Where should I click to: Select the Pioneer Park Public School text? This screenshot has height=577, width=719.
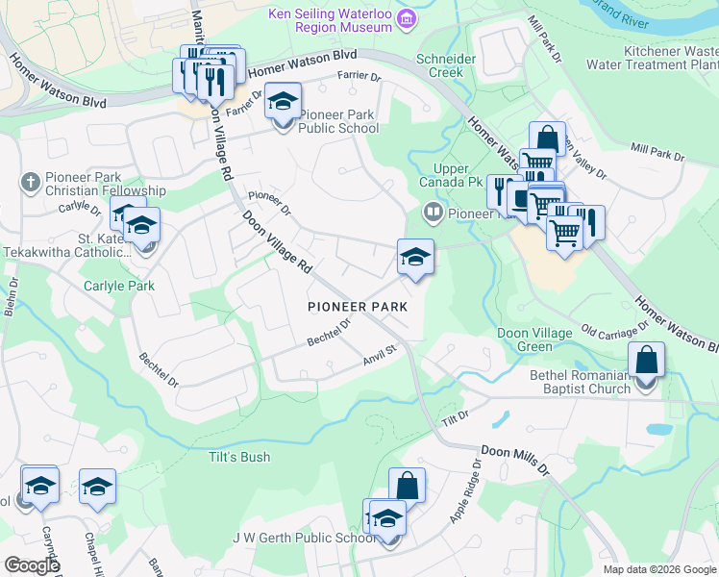pos(336,121)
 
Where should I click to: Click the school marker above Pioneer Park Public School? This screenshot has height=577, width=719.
pos(283,102)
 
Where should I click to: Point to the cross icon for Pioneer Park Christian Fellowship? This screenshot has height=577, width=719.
pos(30,181)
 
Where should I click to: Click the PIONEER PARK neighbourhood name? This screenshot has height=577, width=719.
pos(358,307)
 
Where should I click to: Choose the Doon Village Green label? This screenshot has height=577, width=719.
pos(534,339)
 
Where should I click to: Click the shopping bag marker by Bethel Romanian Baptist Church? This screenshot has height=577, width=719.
pos(647,362)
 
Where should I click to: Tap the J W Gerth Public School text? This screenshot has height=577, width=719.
pos(303,538)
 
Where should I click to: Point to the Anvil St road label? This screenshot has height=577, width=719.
pos(380,355)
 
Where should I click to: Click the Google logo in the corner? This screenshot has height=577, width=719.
pos(32,565)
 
